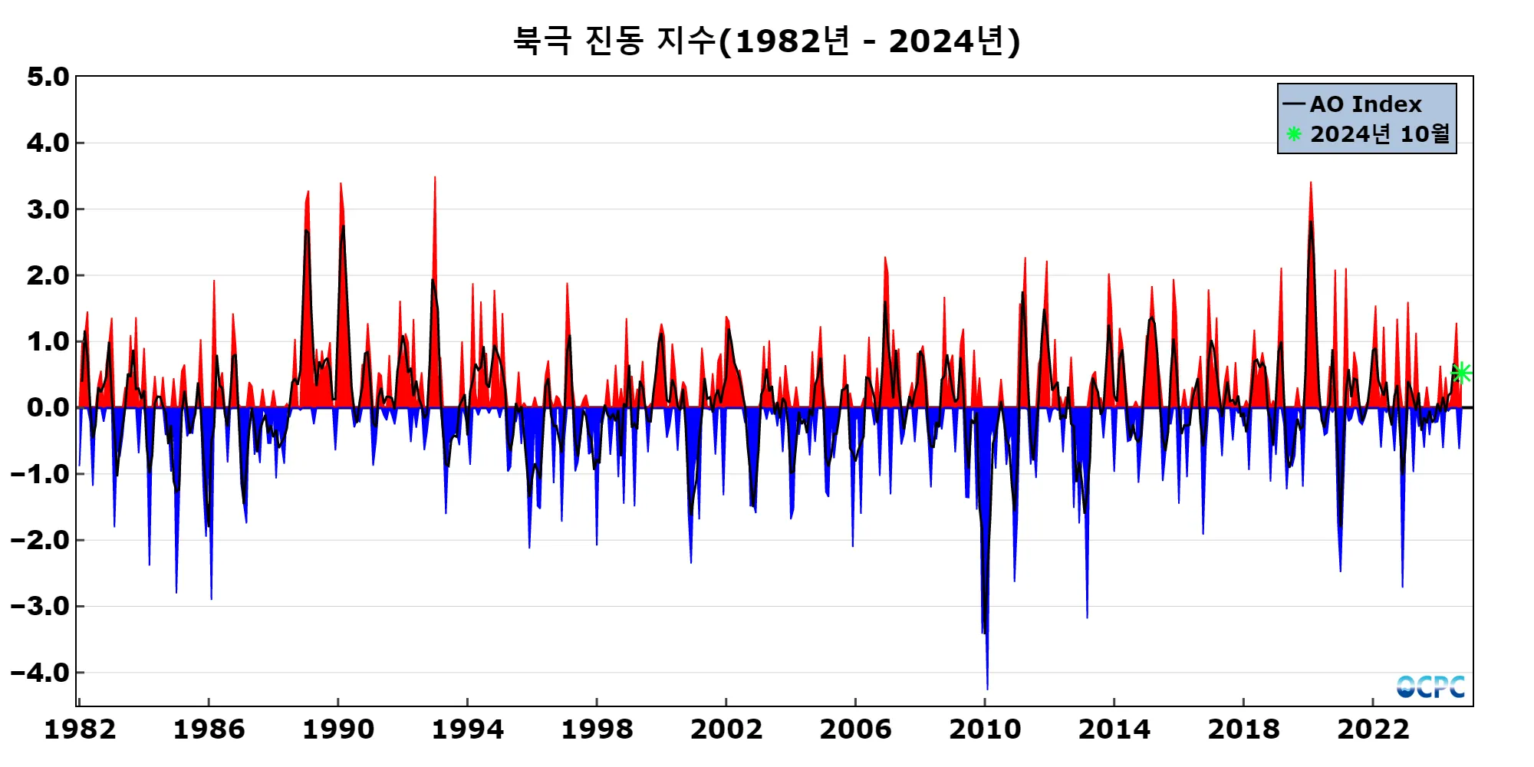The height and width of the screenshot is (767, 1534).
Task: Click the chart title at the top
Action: (766, 41)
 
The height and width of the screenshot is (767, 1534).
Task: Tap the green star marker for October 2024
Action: (1461, 373)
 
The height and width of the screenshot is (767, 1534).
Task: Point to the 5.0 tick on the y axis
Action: (48, 77)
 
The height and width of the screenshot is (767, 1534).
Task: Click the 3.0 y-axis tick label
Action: (48, 209)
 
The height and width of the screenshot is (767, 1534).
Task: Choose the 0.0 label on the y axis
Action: (48, 407)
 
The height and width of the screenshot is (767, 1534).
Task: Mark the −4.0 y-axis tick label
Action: (40, 673)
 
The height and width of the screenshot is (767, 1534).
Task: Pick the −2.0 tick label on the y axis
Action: (40, 540)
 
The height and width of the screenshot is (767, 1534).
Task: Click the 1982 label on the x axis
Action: (80, 729)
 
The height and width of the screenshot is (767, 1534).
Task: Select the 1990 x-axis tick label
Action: (338, 729)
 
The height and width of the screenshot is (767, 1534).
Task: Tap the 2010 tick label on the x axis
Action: (985, 729)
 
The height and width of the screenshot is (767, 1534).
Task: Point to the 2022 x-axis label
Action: (1373, 729)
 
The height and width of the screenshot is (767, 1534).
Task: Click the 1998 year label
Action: (597, 729)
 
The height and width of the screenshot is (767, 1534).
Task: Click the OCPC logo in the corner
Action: (1430, 686)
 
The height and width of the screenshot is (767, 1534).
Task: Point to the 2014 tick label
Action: (1114, 729)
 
